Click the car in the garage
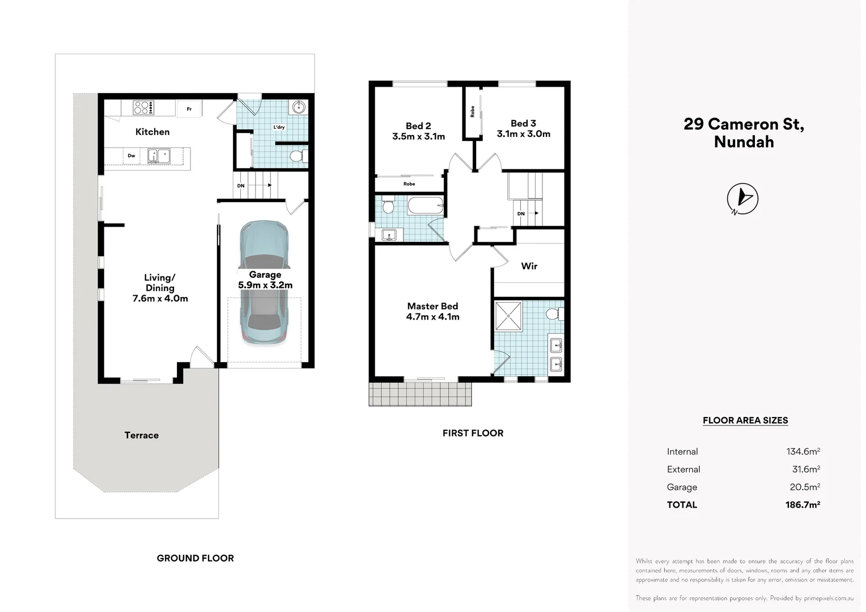coord(265,282)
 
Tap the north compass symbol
coord(742,199)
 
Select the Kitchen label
coord(152,132)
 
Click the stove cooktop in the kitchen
coord(143,108)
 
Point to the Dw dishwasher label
coord(131,156)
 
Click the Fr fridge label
coord(189,109)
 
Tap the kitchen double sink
coord(159,156)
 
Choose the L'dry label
coord(279,127)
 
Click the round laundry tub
coord(299,107)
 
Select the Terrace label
coord(142,435)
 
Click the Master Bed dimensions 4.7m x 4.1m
coord(432,317)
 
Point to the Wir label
coord(529,266)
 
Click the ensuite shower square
coord(508,316)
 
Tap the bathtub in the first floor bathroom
coord(426,205)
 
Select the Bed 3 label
coord(523,124)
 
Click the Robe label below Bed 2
coord(409,184)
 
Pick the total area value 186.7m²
coord(803,504)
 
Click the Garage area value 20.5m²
coord(805,487)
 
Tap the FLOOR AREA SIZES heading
coord(745,420)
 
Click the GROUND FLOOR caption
coord(195,558)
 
